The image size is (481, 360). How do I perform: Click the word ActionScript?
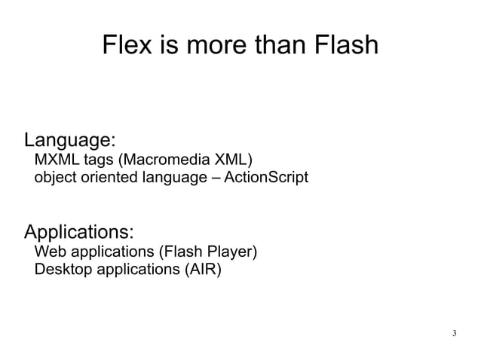[x=267, y=178]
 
